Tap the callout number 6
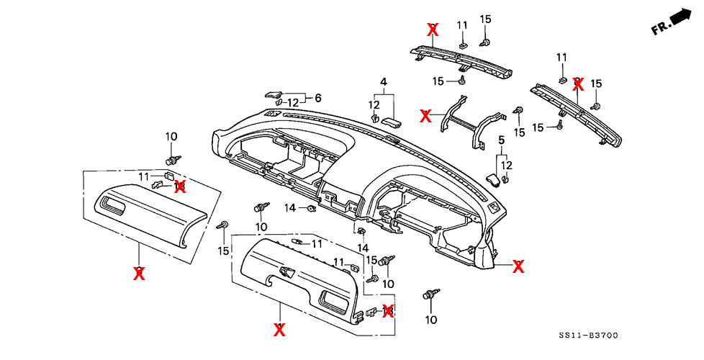click(x=317, y=98)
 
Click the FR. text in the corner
click(x=660, y=27)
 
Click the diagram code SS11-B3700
click(x=587, y=336)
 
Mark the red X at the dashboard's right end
click(x=518, y=266)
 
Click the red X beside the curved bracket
click(x=426, y=115)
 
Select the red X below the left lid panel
click(x=140, y=273)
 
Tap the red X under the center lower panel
click(x=279, y=329)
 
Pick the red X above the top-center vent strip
click(x=433, y=30)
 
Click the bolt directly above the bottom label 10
click(x=431, y=294)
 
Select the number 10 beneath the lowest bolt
click(x=431, y=319)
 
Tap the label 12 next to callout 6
click(x=292, y=102)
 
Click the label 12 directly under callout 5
click(x=507, y=165)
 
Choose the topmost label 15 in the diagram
click(x=485, y=19)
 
